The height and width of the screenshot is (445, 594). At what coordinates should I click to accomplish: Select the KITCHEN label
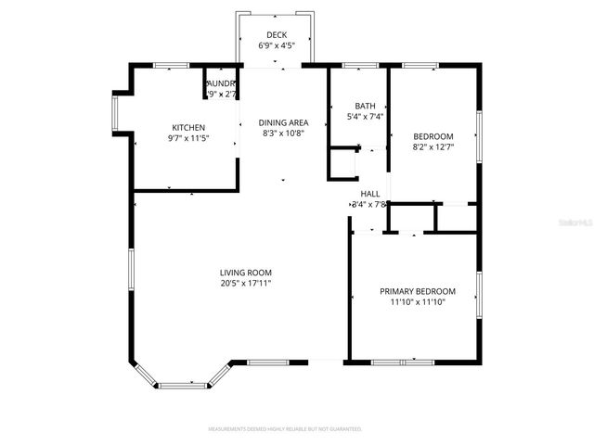(x=188, y=128)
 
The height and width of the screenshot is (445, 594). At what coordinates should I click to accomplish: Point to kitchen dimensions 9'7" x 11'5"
(x=188, y=138)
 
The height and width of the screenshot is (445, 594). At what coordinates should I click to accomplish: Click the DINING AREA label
(x=283, y=122)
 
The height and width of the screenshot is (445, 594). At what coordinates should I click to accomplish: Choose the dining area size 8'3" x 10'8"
(x=283, y=133)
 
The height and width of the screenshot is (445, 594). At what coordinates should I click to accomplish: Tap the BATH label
(x=365, y=106)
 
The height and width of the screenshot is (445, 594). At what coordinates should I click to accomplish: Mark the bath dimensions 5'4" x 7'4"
(x=365, y=117)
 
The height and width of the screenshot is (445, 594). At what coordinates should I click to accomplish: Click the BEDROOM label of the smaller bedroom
(x=433, y=135)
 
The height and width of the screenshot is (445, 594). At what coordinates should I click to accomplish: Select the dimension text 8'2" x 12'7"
(x=433, y=146)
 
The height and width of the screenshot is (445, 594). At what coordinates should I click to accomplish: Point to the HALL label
(x=369, y=194)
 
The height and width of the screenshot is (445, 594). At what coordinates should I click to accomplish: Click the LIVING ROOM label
(x=245, y=273)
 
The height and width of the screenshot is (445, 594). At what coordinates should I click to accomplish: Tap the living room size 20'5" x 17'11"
(x=245, y=284)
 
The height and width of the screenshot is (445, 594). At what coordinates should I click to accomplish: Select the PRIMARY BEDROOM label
(x=413, y=291)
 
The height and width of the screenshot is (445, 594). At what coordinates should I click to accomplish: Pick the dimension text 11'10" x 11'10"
(x=413, y=302)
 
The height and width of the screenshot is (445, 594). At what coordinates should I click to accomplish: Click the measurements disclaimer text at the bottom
(x=284, y=429)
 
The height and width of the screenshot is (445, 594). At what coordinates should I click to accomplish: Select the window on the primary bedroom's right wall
(x=479, y=295)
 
